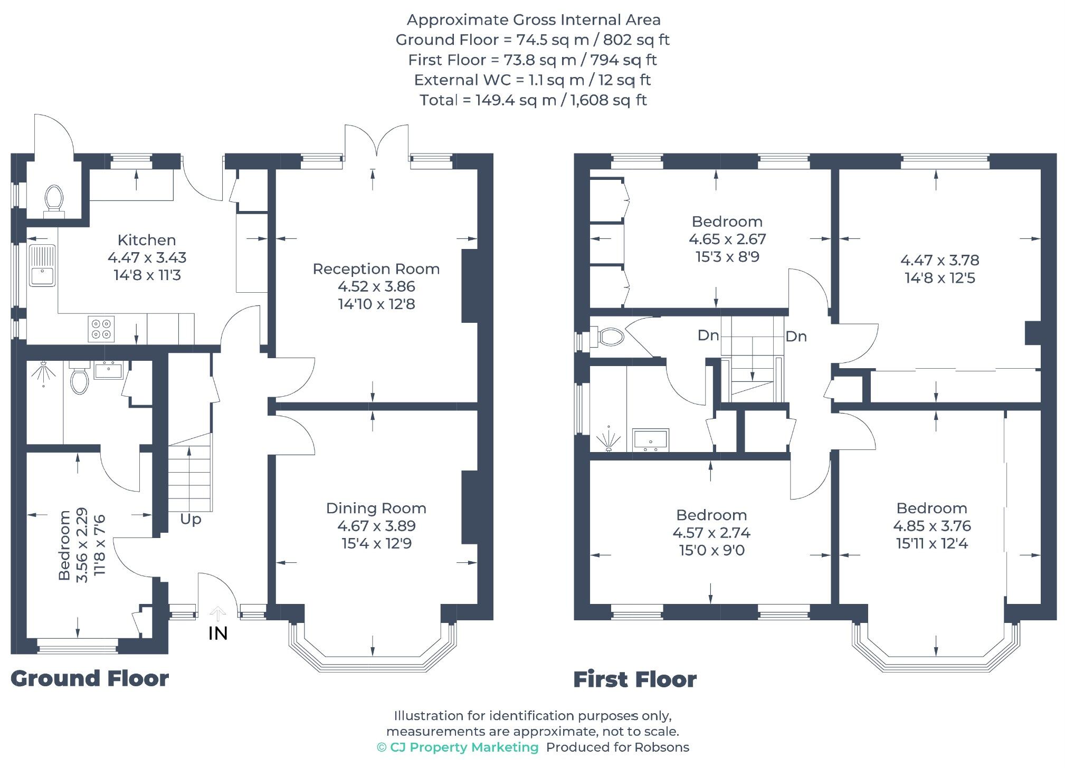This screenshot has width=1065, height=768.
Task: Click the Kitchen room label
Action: (x=146, y=240)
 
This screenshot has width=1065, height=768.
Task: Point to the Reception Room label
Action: (x=376, y=269)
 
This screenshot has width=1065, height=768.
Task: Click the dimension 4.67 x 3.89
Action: (x=376, y=526)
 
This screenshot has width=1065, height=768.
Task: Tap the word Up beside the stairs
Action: (x=191, y=519)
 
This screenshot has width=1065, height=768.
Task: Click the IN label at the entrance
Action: (x=218, y=633)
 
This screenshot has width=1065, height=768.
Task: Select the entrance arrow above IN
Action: (x=217, y=613)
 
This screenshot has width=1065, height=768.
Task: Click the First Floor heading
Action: (x=634, y=679)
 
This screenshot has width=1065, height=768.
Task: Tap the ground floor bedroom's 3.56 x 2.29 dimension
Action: (x=82, y=545)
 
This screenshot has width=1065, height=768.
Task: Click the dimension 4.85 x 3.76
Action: (x=931, y=526)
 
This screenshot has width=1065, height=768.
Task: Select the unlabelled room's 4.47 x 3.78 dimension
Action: (x=939, y=260)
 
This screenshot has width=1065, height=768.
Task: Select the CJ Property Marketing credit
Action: (x=458, y=747)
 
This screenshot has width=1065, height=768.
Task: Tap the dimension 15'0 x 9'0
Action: (x=711, y=550)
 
